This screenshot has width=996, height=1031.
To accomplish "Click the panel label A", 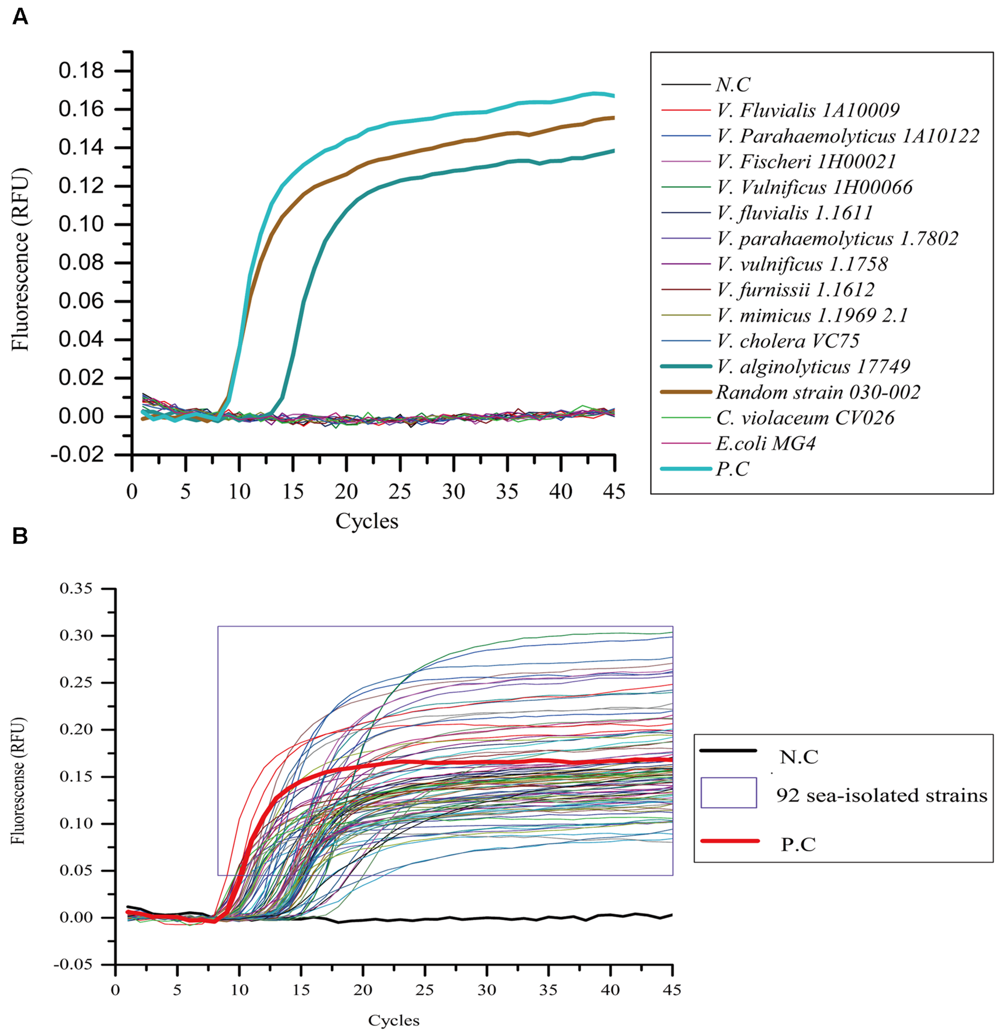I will (x=20, y=17).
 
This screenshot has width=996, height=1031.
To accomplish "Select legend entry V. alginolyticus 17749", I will (x=813, y=367).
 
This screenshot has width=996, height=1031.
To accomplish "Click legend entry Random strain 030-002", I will (x=818, y=392).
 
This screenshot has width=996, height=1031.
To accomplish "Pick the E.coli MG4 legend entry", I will (x=765, y=443).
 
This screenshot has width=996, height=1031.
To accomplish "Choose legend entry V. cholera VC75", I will (x=788, y=341).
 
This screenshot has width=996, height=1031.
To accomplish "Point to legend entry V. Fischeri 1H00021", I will (x=806, y=161).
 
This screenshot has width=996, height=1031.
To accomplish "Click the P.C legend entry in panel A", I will (x=732, y=469).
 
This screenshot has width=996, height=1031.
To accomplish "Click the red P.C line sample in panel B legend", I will (x=730, y=841).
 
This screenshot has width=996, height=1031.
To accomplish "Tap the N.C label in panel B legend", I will (x=799, y=757).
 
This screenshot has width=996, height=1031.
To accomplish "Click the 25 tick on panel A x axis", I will (x=400, y=492).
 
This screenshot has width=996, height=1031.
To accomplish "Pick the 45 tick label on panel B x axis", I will (x=672, y=991).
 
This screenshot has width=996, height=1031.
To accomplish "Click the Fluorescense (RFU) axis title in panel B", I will (x=19, y=781).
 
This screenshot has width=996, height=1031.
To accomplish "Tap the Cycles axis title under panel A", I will (x=367, y=521).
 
